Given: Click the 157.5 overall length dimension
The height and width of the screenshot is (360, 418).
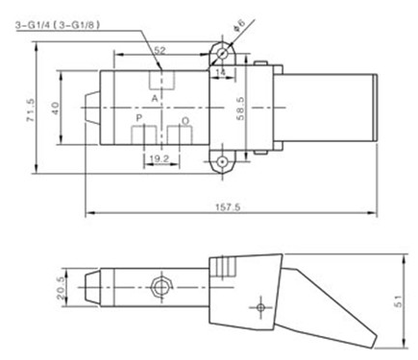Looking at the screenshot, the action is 228,207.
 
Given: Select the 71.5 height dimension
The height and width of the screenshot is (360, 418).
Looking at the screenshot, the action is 31,109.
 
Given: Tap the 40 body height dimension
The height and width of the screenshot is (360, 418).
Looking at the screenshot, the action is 55,108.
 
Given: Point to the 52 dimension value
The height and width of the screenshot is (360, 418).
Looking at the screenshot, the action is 160,50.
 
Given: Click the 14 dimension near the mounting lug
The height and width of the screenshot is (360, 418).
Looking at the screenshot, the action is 221,73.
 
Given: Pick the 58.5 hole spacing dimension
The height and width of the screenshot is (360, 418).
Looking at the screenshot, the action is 240,108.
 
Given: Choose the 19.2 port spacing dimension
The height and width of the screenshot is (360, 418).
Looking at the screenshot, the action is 160,158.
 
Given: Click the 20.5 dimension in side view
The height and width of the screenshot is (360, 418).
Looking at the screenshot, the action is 61,288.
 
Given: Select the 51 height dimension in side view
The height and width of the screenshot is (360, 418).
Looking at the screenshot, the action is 398,301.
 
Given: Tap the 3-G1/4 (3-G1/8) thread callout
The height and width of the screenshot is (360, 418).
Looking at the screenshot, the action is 58,25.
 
